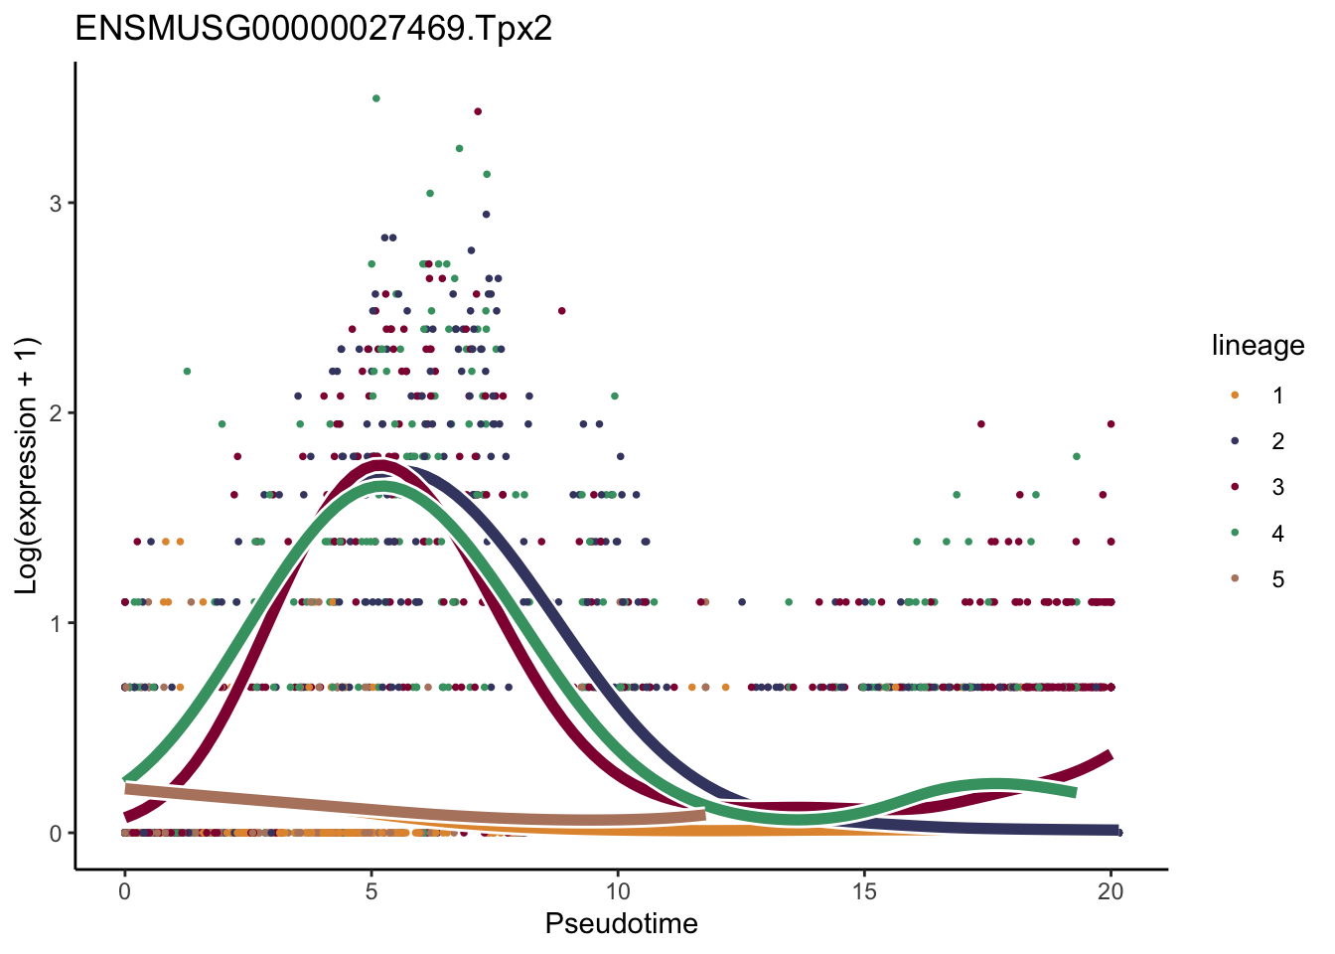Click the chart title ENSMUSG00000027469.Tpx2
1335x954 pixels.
[x=313, y=30]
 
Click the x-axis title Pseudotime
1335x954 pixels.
[x=621, y=924]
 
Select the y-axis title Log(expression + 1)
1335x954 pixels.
[x=27, y=466]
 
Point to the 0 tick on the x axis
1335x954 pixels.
[x=124, y=892]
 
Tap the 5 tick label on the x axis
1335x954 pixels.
[x=371, y=892]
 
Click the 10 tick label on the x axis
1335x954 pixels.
[x=617, y=892]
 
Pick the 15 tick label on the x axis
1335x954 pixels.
[x=864, y=892]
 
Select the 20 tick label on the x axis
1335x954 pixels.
[x=1111, y=892]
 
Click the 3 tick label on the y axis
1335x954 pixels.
[x=56, y=204]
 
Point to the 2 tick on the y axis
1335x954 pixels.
[x=56, y=413]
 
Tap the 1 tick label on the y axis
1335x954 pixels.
[x=56, y=623]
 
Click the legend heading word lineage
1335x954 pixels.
[x=1258, y=346]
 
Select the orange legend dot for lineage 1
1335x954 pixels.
[x=1235, y=396]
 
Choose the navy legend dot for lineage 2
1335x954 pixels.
[x=1235, y=441]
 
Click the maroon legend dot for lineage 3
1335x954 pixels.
[x=1235, y=487]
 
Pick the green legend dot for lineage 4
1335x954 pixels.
[x=1235, y=534]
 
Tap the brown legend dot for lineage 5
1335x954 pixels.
[x=1235, y=579]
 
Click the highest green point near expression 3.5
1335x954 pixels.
[x=375, y=98]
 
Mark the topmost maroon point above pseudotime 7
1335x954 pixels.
[x=478, y=111]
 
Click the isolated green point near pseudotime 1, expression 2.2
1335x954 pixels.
[x=187, y=372]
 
